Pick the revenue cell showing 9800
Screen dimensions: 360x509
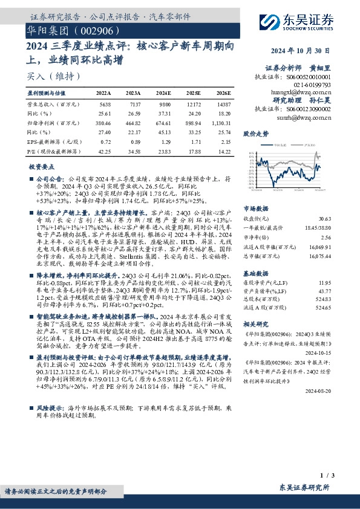click(165, 103)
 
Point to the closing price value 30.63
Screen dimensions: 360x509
click(342, 218)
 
